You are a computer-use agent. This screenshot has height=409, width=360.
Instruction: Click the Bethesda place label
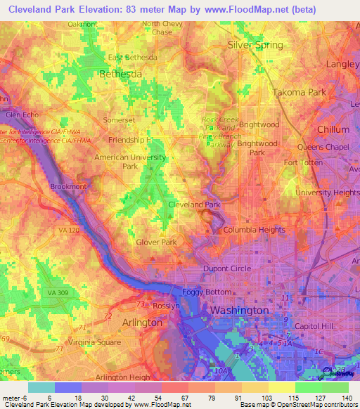click(121, 73)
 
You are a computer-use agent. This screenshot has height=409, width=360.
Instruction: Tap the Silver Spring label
click(255, 45)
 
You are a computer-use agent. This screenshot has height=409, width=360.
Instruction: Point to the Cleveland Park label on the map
click(194, 204)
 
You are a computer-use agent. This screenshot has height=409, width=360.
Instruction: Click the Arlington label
click(143, 323)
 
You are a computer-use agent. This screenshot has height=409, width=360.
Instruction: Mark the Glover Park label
click(156, 242)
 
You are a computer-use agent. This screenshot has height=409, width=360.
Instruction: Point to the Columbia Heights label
click(255, 230)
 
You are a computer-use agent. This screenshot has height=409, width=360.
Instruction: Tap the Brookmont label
click(69, 187)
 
